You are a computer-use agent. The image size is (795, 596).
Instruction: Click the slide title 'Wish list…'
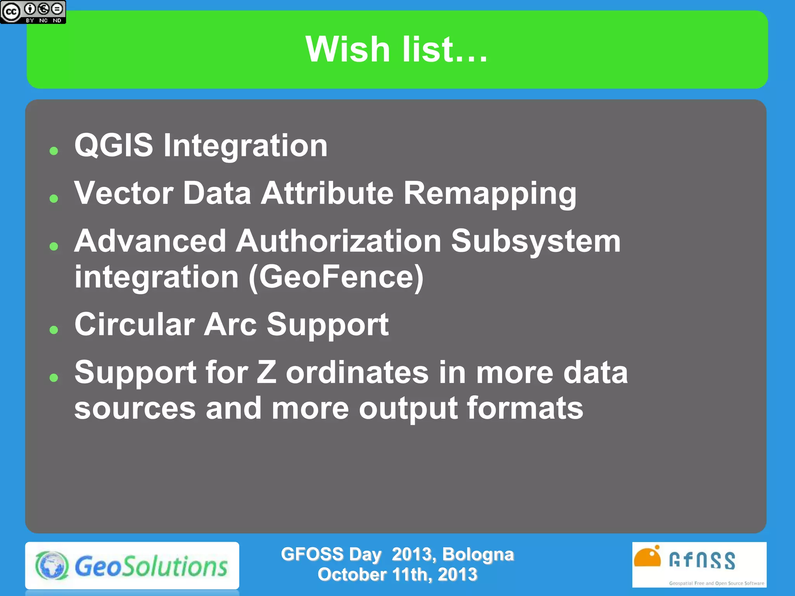pos(396,49)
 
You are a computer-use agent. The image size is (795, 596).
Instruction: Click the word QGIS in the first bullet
pos(114,146)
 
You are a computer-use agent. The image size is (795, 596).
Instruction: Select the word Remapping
pos(490,194)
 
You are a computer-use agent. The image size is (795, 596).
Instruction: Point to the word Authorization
pos(338,241)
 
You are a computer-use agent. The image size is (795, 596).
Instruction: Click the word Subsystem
pos(536,241)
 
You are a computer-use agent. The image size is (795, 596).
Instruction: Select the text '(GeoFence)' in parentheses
pos(336,277)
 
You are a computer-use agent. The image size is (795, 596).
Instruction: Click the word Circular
pos(134,324)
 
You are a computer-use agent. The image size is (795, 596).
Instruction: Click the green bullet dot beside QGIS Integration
pos(54,151)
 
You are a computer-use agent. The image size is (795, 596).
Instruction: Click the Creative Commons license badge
pos(33,12)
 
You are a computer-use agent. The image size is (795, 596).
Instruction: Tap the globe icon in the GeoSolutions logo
pos(52,566)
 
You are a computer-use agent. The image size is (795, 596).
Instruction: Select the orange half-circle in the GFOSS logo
pos(647,558)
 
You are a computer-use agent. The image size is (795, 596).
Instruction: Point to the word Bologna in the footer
pos(477,554)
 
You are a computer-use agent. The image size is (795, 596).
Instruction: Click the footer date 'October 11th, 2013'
pos(397,575)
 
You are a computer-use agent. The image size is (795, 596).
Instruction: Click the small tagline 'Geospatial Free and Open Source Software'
pos(716,583)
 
